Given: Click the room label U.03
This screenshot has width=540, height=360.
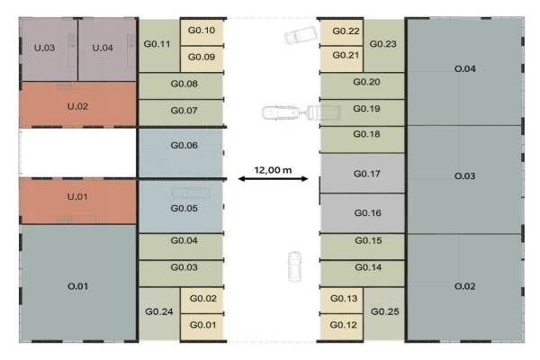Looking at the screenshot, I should click(x=44, y=48).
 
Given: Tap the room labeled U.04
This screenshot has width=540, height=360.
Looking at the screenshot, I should click(x=103, y=48).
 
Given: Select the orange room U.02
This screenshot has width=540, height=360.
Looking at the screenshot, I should click(x=77, y=106).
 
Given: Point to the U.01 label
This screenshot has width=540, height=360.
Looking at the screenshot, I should click(x=77, y=196).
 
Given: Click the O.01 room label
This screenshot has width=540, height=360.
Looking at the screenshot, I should click(x=77, y=287).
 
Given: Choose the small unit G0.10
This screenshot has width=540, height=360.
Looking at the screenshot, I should click(x=202, y=31).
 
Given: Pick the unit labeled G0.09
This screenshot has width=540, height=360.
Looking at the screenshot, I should click(x=202, y=58).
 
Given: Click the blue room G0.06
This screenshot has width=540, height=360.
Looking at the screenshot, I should click(x=184, y=145).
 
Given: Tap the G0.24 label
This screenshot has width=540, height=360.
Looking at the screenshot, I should click(x=158, y=311).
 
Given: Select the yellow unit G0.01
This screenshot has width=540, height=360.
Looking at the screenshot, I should click(x=202, y=325).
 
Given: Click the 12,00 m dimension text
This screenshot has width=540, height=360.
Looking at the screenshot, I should click(x=273, y=168).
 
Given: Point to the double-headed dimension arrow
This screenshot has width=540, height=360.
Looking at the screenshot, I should click(x=273, y=179).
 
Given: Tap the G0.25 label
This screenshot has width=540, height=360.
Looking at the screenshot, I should click(x=384, y=311).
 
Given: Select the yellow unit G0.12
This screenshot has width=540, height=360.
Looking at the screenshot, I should click(x=344, y=325).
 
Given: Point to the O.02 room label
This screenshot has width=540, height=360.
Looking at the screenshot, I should click(x=465, y=286).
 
